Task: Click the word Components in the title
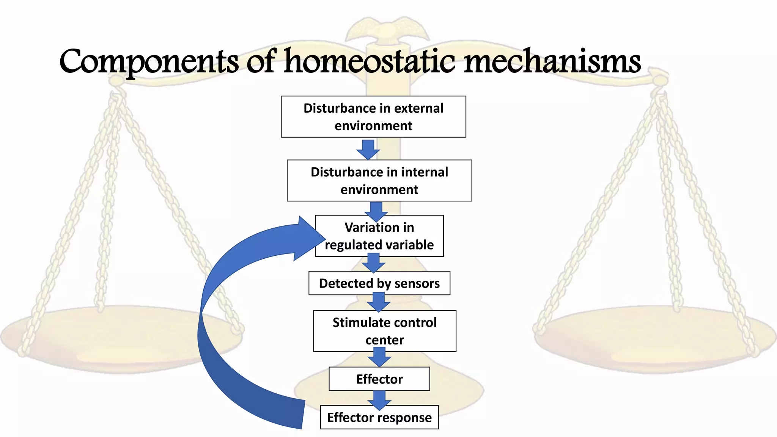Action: [149, 61]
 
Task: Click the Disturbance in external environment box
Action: [373, 116]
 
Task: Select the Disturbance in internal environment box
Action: [379, 181]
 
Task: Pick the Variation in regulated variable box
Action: [379, 236]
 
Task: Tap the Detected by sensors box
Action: [379, 283]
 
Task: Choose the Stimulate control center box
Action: [384, 331]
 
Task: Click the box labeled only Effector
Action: [379, 379]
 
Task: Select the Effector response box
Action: [379, 417]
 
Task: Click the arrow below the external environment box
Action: [368, 149]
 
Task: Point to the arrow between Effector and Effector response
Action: [379, 400]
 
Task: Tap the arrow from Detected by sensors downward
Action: [379, 302]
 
